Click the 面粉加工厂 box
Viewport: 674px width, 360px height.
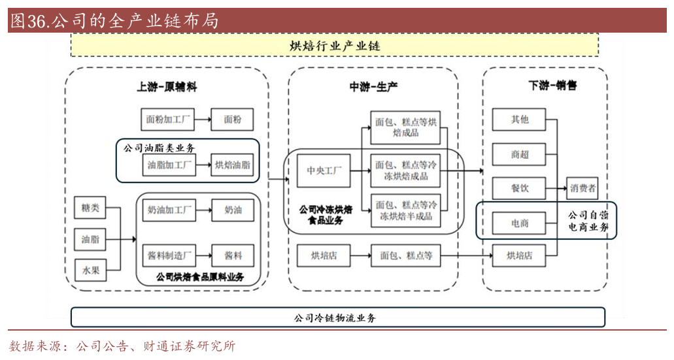coord(168,120)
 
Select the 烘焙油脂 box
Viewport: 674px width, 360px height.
coord(233,165)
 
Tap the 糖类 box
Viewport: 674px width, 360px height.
coord(90,208)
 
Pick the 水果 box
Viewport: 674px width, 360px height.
coord(90,270)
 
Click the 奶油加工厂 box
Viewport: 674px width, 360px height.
coord(169,210)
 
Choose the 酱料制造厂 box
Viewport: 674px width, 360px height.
coord(169,255)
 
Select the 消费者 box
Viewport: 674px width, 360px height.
coord(583,188)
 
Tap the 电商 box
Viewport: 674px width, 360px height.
coord(520,223)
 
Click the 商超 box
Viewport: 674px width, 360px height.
coord(520,155)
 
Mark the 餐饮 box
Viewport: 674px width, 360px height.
coord(520,188)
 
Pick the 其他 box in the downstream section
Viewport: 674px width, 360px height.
coord(520,120)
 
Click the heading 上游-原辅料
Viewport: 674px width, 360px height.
coord(167,86)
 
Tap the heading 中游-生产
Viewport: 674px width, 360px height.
coord(373,86)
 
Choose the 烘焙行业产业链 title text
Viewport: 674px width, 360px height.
coord(334,46)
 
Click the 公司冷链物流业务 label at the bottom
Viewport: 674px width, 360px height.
coord(335,318)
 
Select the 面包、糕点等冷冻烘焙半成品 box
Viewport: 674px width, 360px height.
coord(405,210)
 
